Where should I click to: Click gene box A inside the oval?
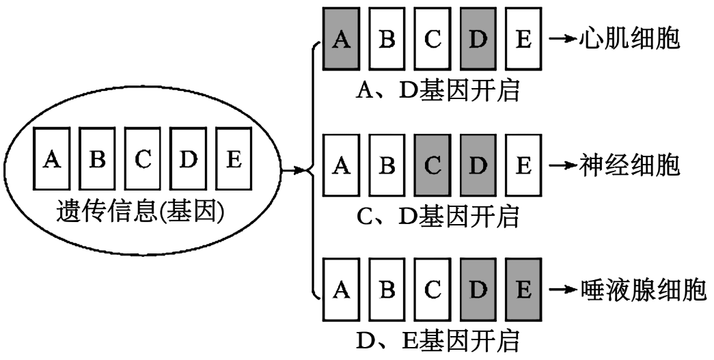click(x=52, y=159)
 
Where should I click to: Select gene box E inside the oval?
click(x=234, y=159)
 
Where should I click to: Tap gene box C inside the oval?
click(x=143, y=159)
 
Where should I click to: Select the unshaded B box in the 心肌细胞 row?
click(x=387, y=40)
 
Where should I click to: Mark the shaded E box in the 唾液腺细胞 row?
click(x=523, y=289)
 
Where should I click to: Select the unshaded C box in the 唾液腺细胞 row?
click(x=432, y=289)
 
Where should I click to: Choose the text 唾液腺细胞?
click(x=643, y=290)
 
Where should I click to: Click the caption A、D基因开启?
click(x=438, y=89)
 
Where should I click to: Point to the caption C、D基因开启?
click(x=438, y=215)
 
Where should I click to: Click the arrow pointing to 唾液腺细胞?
click(x=563, y=290)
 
